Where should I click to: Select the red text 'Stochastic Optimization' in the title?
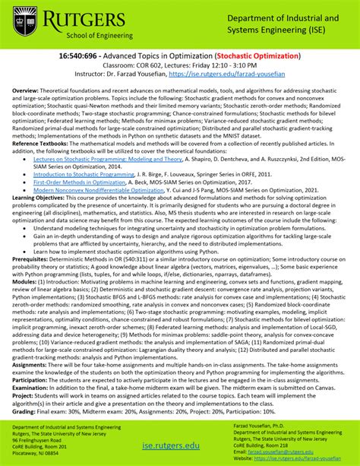click(257, 55)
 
